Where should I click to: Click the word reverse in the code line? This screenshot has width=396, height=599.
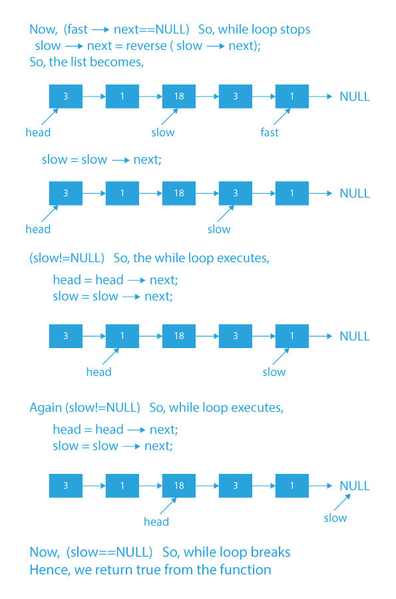point(145,46)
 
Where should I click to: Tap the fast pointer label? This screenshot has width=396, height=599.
point(270,132)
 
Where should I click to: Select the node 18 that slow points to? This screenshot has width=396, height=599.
point(179,97)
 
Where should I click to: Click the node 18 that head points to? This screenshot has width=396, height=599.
point(179,486)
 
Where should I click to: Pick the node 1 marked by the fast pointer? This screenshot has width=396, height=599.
point(292,97)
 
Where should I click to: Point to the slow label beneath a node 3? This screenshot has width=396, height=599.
point(219,230)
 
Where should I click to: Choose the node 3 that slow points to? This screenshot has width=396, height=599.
point(236,193)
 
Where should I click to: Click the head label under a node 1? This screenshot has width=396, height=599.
point(99,372)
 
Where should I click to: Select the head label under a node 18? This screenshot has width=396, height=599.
point(156,522)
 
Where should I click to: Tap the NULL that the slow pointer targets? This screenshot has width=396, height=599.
point(355,486)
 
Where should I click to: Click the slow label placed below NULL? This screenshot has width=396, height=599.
point(335,518)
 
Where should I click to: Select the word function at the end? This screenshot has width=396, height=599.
point(247,570)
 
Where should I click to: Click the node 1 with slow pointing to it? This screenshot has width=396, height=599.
point(292,336)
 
